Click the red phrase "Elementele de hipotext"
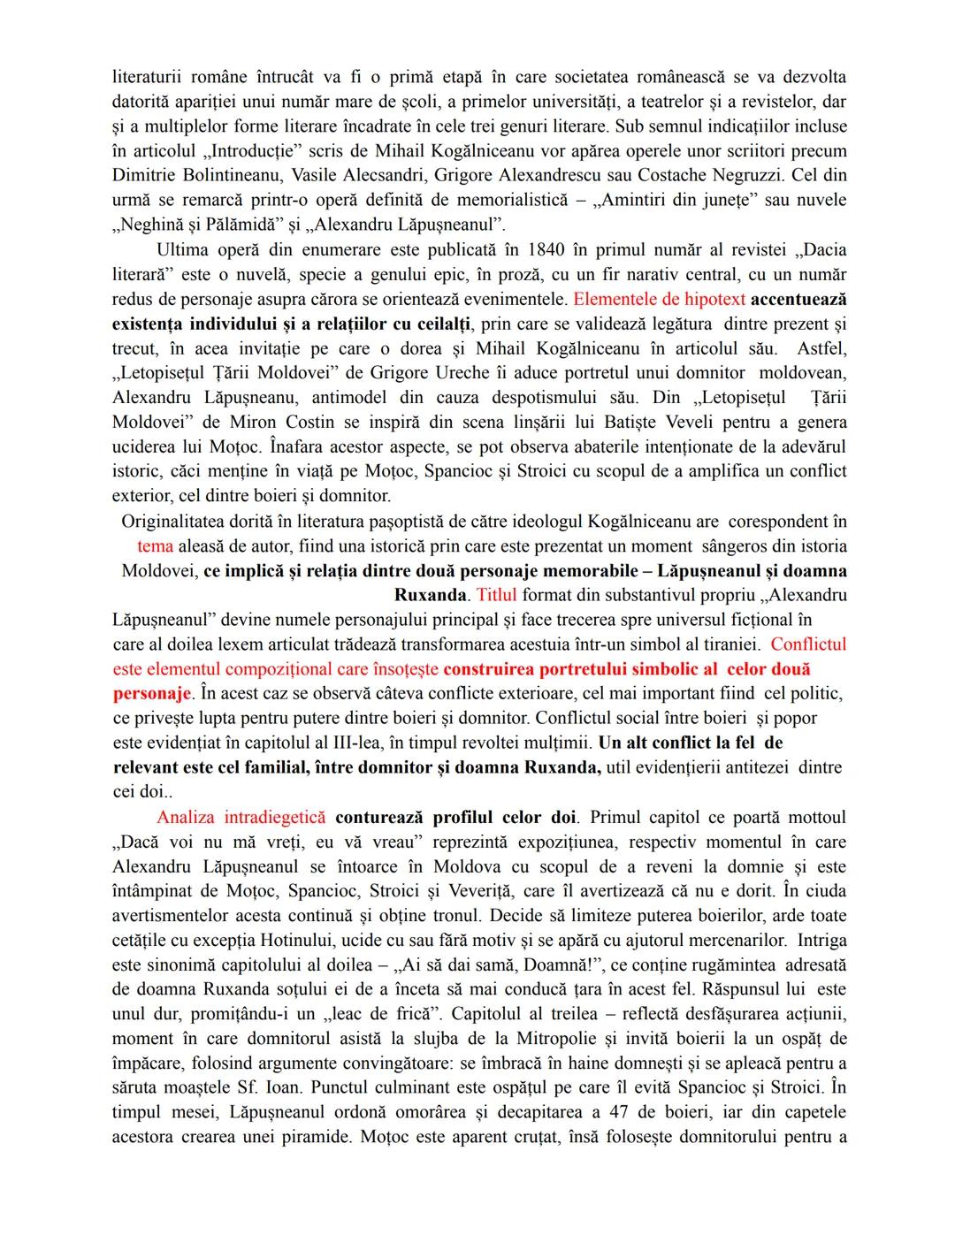(x=660, y=300)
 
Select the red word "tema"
(x=156, y=546)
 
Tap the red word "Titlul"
(x=496, y=595)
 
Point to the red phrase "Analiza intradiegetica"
(x=241, y=818)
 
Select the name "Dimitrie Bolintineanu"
(x=201, y=176)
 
